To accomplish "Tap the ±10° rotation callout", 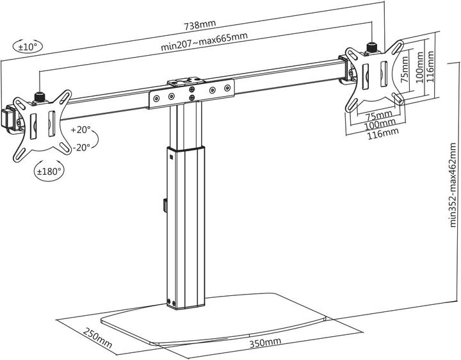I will (x=26, y=46).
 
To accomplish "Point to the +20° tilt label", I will (x=81, y=130).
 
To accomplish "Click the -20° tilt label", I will (x=81, y=147).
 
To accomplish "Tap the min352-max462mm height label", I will (x=453, y=185).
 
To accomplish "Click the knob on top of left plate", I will (x=40, y=97).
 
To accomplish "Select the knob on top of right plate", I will (x=371, y=46).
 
